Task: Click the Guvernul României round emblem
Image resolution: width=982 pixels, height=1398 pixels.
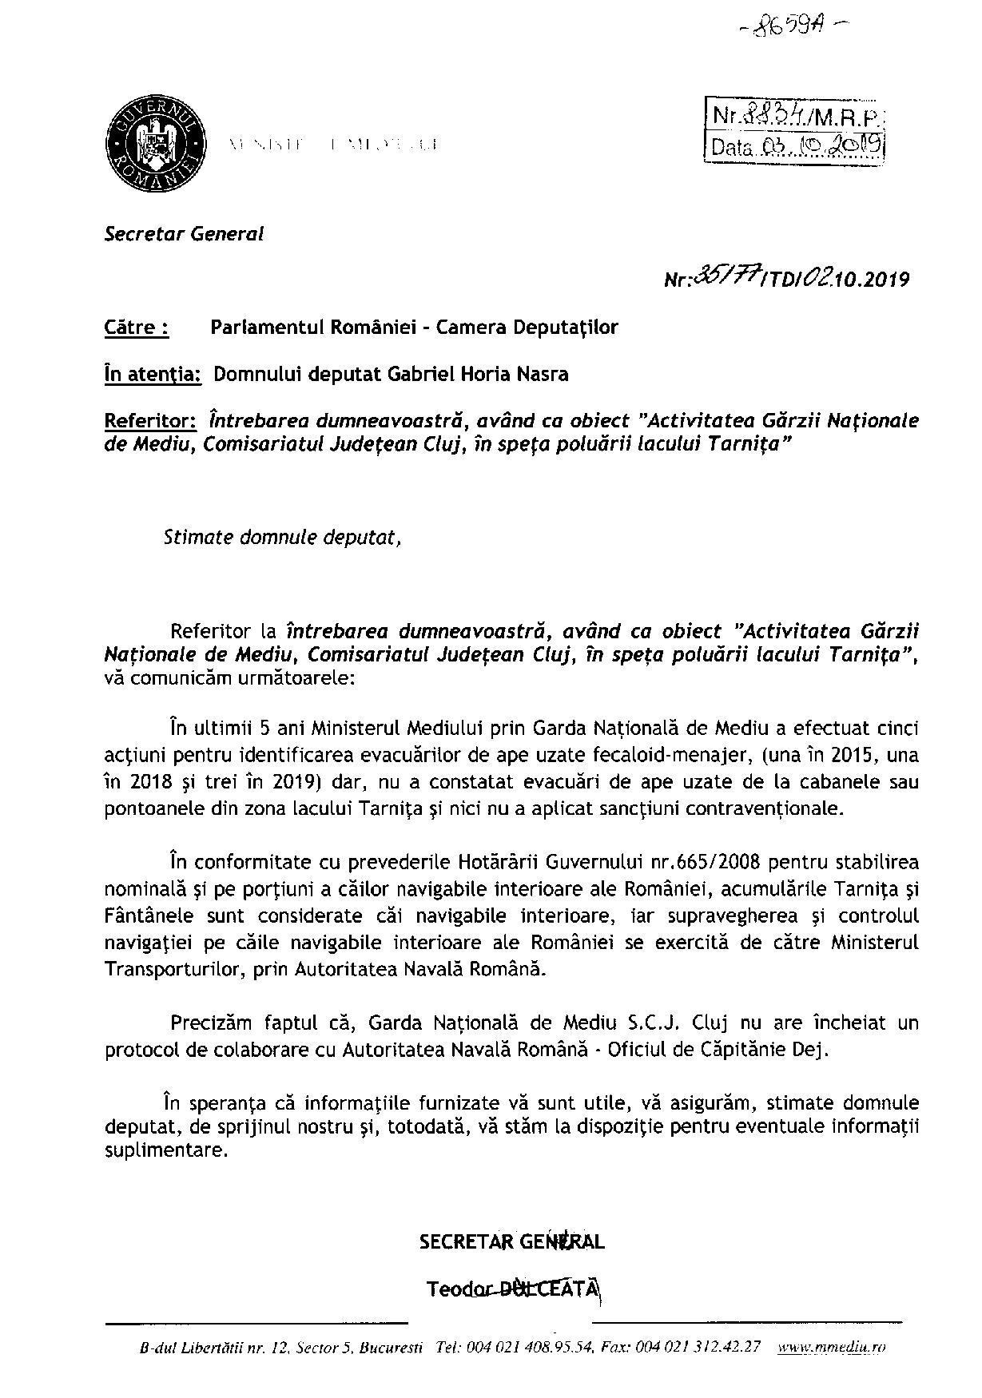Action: pos(157,145)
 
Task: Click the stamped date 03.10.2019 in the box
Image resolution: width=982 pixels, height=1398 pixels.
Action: pos(821,146)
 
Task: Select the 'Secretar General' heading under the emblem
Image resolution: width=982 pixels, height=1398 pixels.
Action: pos(184,234)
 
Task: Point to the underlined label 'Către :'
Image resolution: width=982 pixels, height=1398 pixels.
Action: pos(137,327)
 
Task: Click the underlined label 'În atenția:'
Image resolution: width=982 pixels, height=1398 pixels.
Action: pos(153,374)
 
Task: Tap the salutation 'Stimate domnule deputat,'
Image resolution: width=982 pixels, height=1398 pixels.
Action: pos(282,537)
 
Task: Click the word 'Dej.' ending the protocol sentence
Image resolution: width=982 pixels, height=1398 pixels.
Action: pos(811,1050)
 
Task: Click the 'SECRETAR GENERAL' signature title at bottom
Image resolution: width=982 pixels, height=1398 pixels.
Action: pos(511,1242)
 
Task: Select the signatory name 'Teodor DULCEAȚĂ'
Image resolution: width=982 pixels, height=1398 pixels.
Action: pos(511,1289)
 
